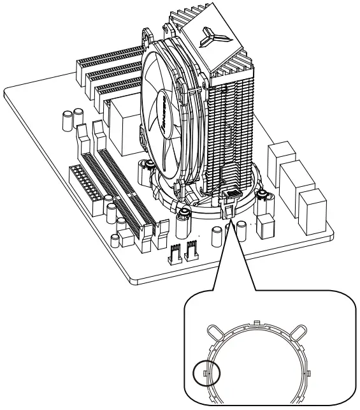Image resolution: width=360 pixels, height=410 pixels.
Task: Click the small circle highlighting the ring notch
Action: click(206, 372)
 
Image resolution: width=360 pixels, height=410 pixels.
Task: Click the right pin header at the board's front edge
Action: click(191, 254)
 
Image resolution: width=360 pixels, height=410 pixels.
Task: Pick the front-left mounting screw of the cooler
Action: click(183, 213)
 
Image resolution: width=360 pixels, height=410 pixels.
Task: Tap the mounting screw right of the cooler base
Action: click(262, 195)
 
